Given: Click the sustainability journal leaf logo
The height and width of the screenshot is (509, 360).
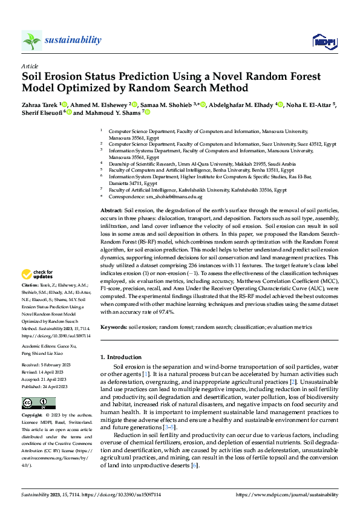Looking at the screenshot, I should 32,41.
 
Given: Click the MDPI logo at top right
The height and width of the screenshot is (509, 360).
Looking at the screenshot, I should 324,41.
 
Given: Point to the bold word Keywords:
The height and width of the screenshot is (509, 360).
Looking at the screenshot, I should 113,326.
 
